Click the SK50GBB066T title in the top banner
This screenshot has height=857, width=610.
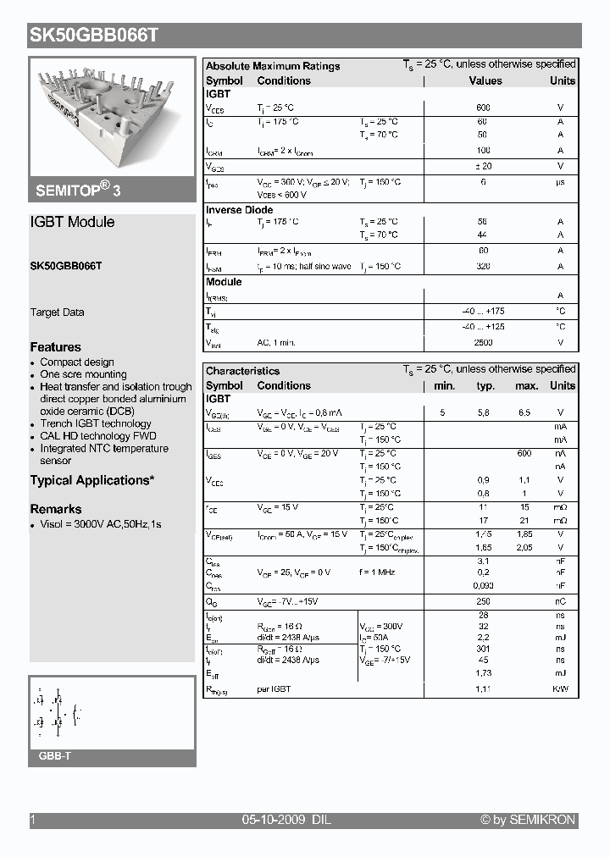click(94, 36)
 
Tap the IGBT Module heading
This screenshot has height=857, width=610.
click(72, 222)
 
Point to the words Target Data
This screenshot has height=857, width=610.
click(58, 312)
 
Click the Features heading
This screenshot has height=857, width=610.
click(56, 347)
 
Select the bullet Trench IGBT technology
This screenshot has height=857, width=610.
click(96, 423)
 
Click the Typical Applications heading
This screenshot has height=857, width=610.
click(92, 480)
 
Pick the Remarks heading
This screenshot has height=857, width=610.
click(56, 509)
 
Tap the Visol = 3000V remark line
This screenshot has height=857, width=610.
click(101, 524)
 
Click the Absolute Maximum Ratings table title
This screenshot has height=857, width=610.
click(273, 66)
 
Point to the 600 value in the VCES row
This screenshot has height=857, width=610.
click(484, 108)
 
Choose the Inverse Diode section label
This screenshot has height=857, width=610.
click(240, 210)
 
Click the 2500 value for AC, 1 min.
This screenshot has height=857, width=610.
click(484, 342)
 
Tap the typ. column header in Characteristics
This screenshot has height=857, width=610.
click(485, 385)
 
